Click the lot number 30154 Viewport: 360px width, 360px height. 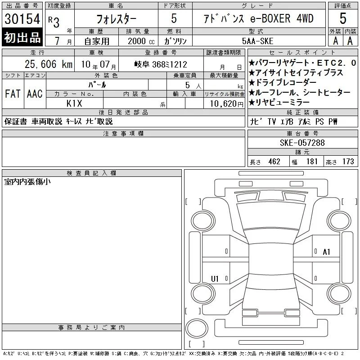[x=22, y=19]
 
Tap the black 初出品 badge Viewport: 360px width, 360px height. [x=22, y=37]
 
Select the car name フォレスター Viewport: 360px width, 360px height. [x=116, y=19]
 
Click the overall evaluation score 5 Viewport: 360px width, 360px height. [x=343, y=18]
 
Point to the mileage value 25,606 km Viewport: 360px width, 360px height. [x=49, y=64]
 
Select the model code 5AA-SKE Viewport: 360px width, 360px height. [x=257, y=41]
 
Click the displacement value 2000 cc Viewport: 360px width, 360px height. [x=141, y=41]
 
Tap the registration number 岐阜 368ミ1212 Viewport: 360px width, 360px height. [x=161, y=64]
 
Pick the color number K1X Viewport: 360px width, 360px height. [x=74, y=103]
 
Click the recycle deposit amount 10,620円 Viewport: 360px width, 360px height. [x=226, y=104]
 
